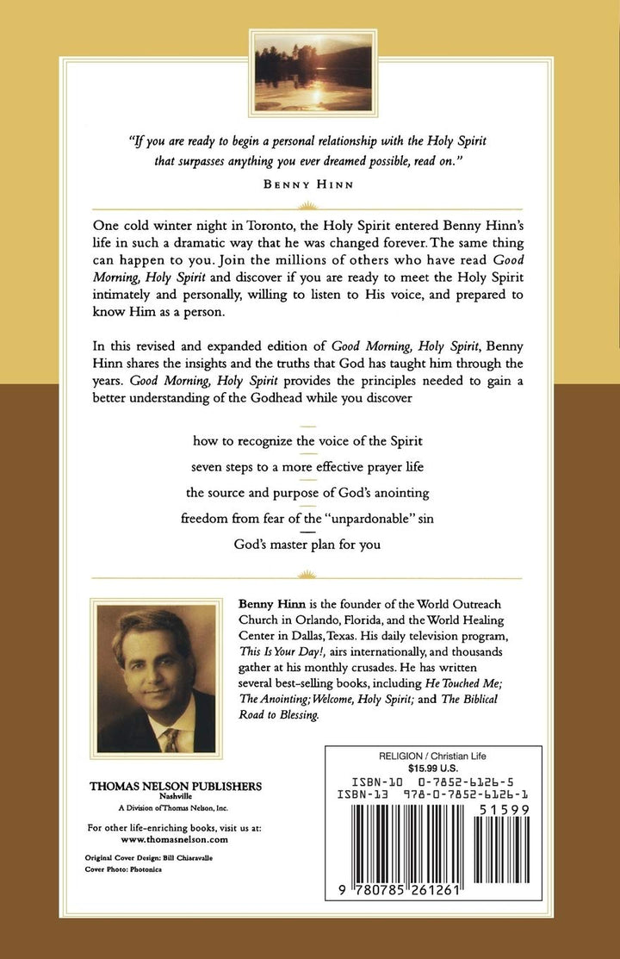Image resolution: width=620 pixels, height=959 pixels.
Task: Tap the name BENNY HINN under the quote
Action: pyautogui.click(x=310, y=183)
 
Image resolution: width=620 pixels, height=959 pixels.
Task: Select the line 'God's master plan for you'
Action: pyautogui.click(x=307, y=544)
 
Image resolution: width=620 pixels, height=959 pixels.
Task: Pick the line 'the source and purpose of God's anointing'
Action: pyautogui.click(x=307, y=493)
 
